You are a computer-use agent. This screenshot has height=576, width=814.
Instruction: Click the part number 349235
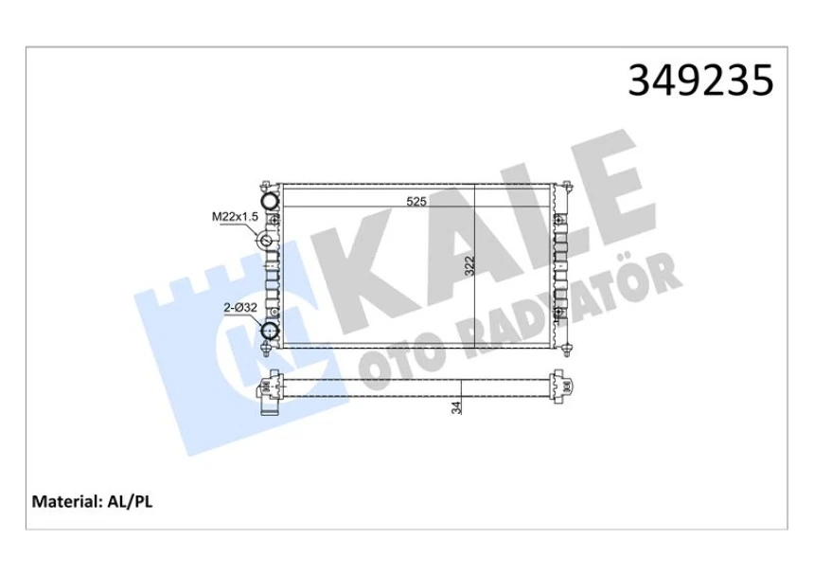click(x=700, y=81)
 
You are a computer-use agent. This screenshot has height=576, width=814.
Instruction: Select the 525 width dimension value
click(x=417, y=201)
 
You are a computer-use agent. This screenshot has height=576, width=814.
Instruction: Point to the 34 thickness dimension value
click(x=457, y=407)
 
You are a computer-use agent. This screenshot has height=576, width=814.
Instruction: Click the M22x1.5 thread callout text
click(x=234, y=217)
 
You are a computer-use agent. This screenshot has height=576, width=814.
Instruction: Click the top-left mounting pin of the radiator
click(x=268, y=184)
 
